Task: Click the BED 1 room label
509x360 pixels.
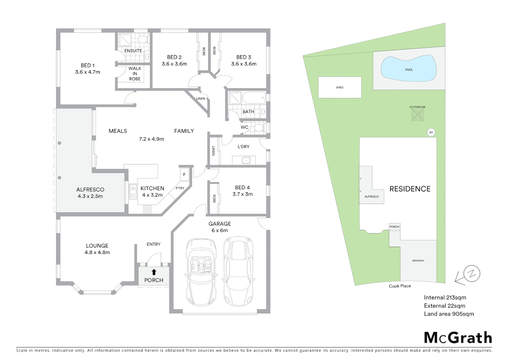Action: (88, 66)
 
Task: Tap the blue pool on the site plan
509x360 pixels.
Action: (409, 69)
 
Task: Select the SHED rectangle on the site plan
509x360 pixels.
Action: (340, 87)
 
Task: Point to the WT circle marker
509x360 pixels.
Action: (431, 132)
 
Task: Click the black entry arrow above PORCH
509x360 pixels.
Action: (154, 272)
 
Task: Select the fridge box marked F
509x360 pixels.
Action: (184, 174)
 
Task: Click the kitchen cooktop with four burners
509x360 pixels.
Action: (147, 209)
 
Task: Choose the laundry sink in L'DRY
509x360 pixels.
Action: (246, 161)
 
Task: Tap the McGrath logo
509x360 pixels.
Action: (458, 338)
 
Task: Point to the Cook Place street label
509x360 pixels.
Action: (400, 286)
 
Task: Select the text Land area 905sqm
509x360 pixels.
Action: (449, 314)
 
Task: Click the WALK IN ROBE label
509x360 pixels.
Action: (135, 73)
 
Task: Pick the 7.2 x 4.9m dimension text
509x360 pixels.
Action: (152, 139)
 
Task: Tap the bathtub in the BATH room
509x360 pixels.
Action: (254, 98)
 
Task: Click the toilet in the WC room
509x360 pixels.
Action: (259, 127)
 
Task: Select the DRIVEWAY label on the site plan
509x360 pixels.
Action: (418, 261)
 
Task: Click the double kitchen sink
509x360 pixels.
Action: (133, 192)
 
